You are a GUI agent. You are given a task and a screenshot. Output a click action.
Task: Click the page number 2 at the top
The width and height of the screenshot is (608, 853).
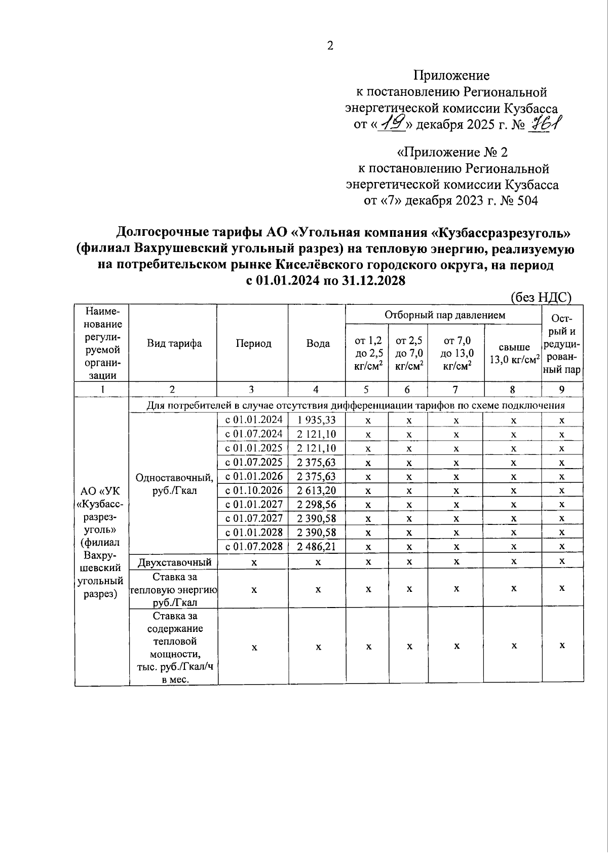(x=330, y=46)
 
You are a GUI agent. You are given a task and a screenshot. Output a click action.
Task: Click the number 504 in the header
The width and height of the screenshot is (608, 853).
(x=526, y=201)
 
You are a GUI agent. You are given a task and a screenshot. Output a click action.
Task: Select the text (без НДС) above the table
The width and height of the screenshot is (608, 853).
(x=541, y=297)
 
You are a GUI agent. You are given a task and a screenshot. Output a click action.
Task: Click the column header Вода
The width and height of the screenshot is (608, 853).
(x=318, y=343)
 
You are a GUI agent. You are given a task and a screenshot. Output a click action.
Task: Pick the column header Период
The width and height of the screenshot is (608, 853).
(x=253, y=343)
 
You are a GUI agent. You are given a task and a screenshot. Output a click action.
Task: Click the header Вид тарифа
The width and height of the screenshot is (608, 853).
(x=174, y=343)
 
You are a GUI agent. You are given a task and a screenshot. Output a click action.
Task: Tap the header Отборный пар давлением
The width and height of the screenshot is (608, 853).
(x=444, y=315)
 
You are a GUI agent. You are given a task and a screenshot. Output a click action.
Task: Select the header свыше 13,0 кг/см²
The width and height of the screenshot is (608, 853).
(x=513, y=353)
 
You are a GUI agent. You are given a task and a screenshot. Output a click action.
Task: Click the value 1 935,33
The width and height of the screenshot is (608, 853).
(x=317, y=420)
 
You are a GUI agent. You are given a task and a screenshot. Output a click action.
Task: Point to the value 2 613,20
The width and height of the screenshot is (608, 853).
(x=317, y=490)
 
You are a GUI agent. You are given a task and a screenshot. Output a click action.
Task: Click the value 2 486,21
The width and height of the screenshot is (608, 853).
(x=317, y=547)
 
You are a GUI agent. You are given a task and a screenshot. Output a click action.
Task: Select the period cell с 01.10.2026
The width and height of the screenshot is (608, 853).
(x=254, y=490)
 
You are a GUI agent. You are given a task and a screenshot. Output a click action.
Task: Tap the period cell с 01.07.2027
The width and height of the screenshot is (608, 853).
(x=254, y=518)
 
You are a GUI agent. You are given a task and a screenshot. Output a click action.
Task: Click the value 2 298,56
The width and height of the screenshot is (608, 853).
(x=317, y=505)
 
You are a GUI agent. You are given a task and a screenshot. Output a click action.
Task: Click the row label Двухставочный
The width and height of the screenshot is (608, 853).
(x=174, y=562)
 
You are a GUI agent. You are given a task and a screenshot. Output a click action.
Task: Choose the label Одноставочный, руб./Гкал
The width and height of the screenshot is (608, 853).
(x=174, y=484)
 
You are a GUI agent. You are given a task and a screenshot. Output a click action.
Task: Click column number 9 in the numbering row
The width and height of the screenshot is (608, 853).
(x=561, y=389)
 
